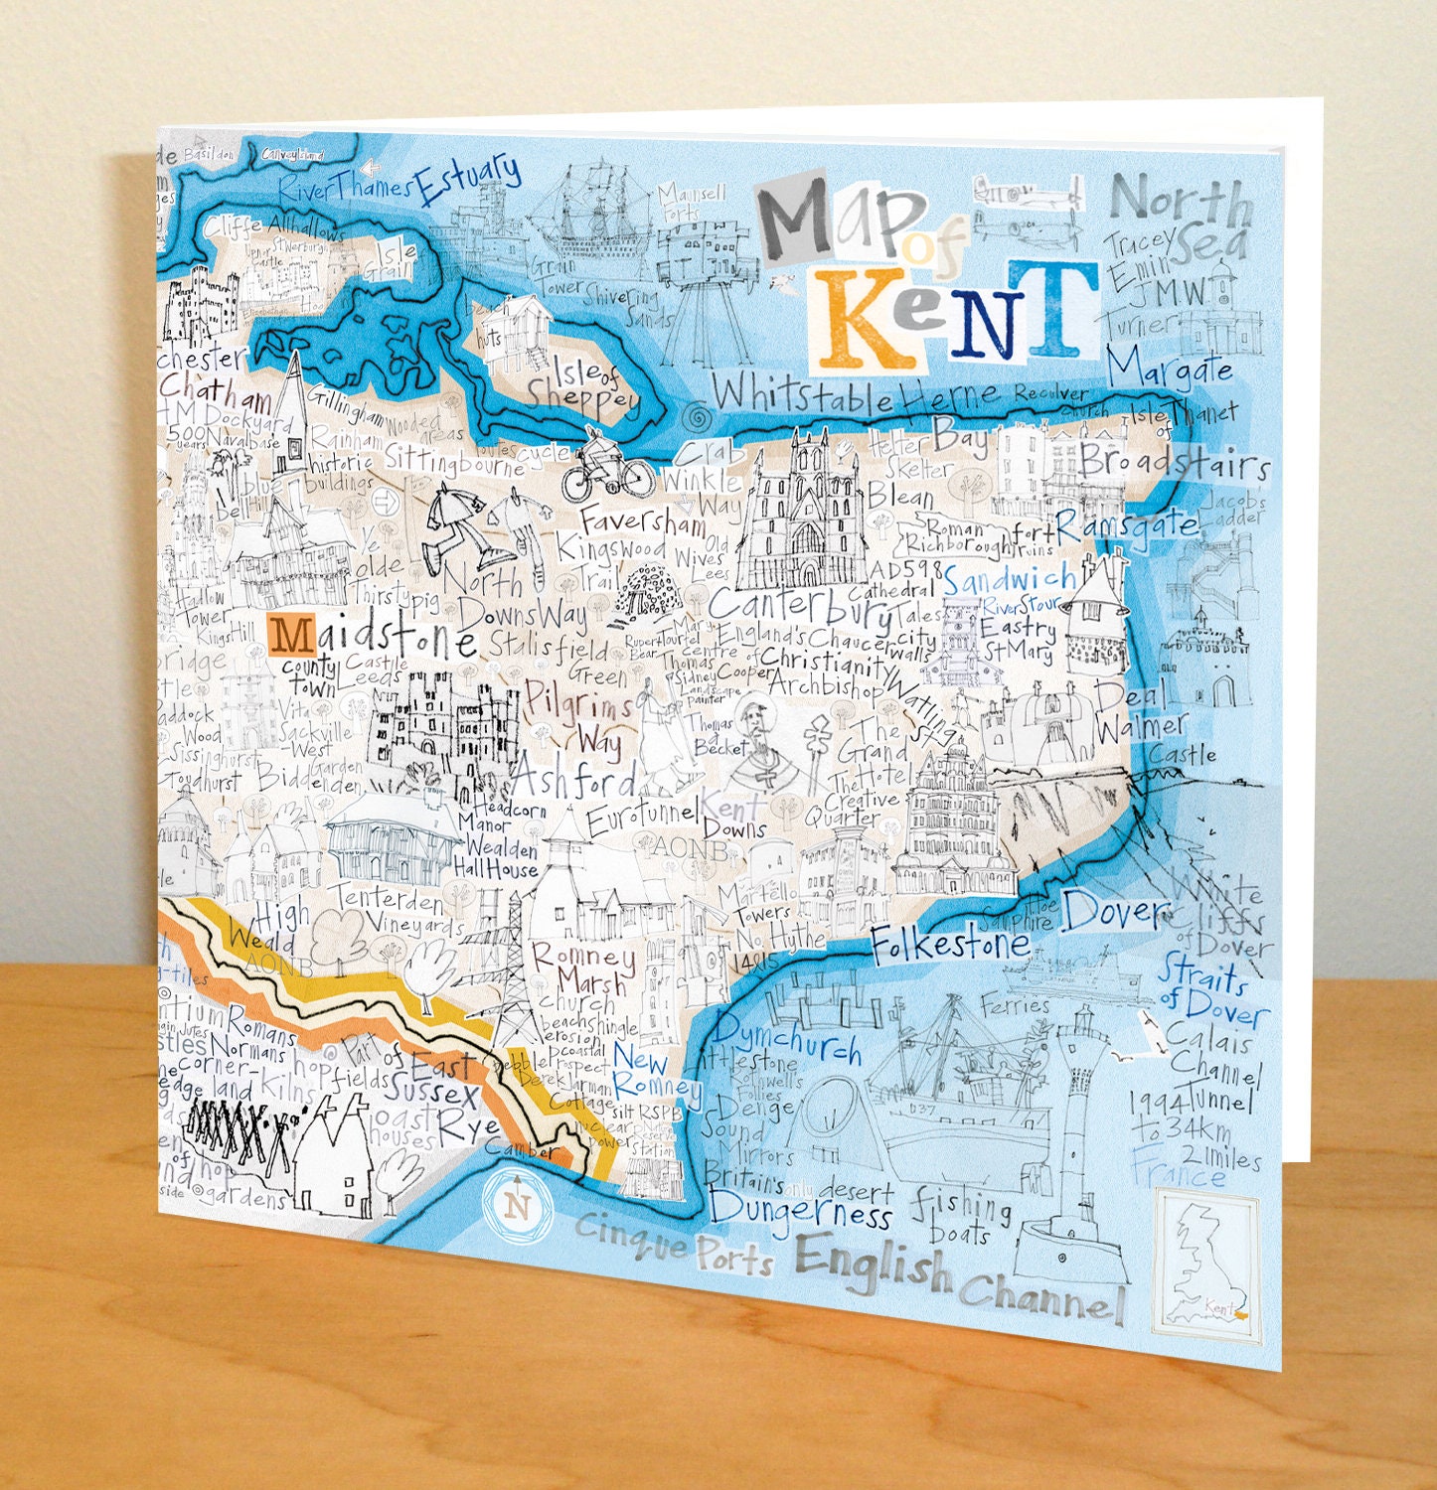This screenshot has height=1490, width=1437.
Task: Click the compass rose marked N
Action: coord(517,1206)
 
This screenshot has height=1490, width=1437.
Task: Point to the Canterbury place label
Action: coord(800,605)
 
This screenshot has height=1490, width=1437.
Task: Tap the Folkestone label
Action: coord(949,943)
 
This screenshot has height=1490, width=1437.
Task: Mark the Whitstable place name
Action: coord(803,395)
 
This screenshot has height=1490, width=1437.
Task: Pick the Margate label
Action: coord(1170,369)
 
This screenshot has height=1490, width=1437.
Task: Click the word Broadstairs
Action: coord(1175,462)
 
